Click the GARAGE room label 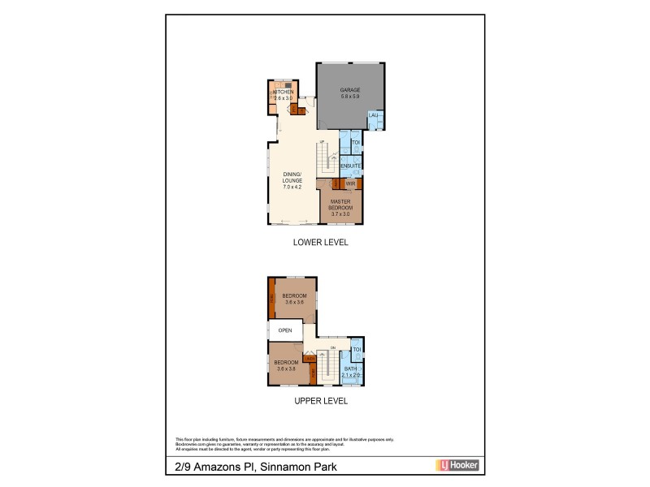tap(350, 89)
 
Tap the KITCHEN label tap(283, 93)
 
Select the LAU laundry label tap(374, 116)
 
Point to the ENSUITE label tap(351, 166)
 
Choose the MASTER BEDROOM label tap(340, 204)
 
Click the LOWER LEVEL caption tap(320, 242)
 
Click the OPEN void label tap(285, 330)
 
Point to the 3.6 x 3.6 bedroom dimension tap(294, 302)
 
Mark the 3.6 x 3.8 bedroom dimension tap(287, 368)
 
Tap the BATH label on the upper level tap(350, 368)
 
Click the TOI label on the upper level tap(356, 349)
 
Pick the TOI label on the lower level tap(355, 143)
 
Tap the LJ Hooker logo tap(458, 465)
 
